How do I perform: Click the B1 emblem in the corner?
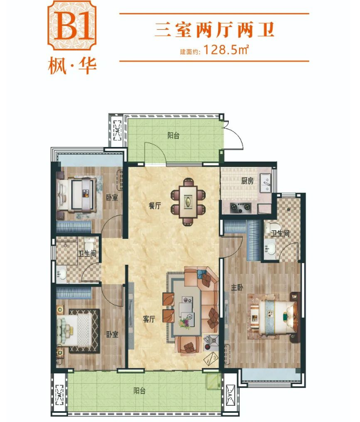click(x=72, y=25)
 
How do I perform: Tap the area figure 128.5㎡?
click(x=226, y=50)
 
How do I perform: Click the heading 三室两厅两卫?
click(x=215, y=30)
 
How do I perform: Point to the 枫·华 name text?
click(x=72, y=66)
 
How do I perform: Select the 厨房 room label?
click(x=247, y=181)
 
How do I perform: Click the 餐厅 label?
click(x=155, y=206)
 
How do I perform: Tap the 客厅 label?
click(x=149, y=319)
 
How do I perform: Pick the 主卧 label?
click(x=237, y=287)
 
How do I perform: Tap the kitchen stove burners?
click(x=240, y=207)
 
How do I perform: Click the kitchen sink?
click(x=266, y=183)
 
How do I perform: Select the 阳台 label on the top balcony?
click(x=173, y=136)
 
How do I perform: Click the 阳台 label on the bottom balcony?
click(x=140, y=391)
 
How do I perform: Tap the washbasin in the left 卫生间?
click(x=62, y=274)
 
